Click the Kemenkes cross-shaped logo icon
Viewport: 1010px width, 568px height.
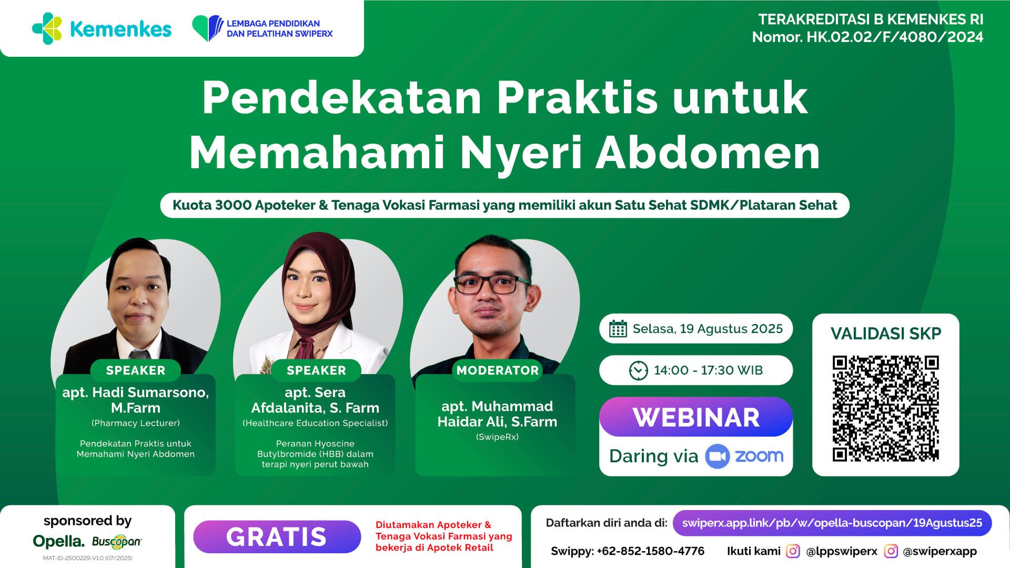tap(47, 28)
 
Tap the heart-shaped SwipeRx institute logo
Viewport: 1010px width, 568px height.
tap(207, 28)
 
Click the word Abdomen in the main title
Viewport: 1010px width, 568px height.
tap(708, 153)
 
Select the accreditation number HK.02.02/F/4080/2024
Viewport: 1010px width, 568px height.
tap(894, 37)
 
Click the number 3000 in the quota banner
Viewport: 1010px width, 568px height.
tap(233, 205)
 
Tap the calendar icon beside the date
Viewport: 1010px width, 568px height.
tap(618, 329)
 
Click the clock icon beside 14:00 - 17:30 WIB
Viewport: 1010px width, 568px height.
tap(638, 370)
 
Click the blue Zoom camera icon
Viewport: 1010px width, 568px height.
tap(717, 456)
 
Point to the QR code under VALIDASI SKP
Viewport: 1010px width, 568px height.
tap(885, 409)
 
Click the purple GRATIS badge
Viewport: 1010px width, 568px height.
tap(277, 536)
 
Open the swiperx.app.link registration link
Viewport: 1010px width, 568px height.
tap(832, 523)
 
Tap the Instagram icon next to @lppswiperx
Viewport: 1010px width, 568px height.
tap(793, 551)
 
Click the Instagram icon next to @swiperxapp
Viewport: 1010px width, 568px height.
tap(891, 551)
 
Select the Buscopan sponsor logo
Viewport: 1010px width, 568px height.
tap(117, 541)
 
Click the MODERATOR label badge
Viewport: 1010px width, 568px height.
tap(498, 370)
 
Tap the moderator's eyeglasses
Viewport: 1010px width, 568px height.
tap(492, 285)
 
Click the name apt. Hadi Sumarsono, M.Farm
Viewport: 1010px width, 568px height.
tap(136, 400)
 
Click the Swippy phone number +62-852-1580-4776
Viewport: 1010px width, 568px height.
tap(650, 551)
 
